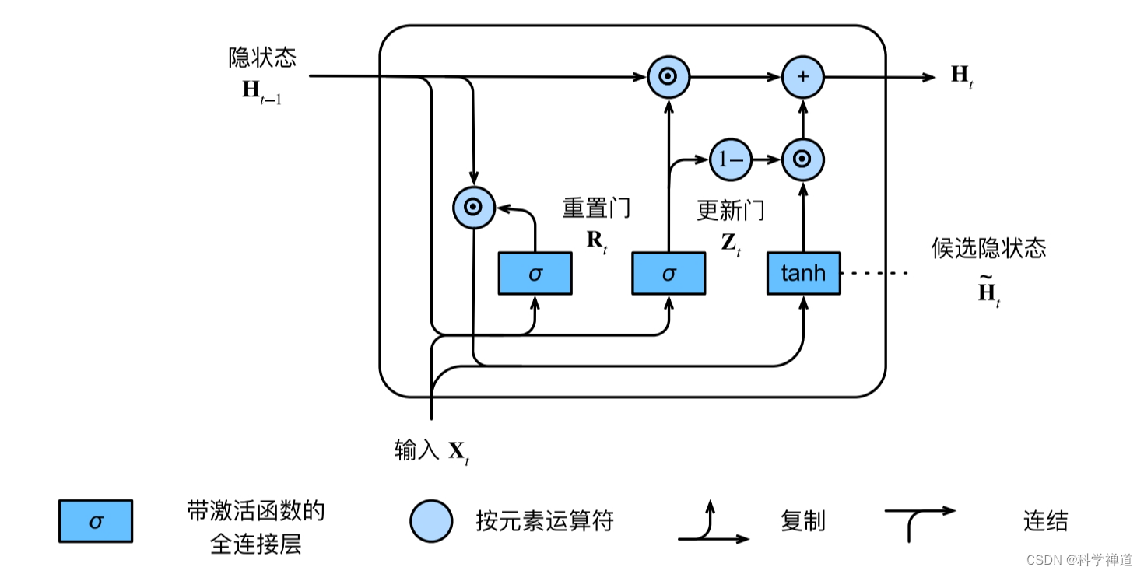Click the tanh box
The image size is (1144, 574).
[x=803, y=273]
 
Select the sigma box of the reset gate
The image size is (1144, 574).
[x=535, y=273]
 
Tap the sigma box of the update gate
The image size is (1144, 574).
[x=669, y=273]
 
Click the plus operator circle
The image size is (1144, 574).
[x=802, y=76]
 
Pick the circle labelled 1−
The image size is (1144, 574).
[x=730, y=160]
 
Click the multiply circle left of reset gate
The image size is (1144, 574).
[x=473, y=208]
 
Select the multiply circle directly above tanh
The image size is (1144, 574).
[x=802, y=160]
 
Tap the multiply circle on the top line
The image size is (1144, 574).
[x=669, y=76]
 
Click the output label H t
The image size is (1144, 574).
[x=962, y=76]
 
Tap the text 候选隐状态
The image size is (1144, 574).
[x=988, y=248]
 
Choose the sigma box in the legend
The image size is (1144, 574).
[x=96, y=520]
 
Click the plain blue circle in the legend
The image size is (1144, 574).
[x=431, y=520]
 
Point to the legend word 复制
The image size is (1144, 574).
[x=802, y=520]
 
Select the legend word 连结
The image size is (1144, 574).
[x=1045, y=520]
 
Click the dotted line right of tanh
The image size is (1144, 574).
[x=875, y=273]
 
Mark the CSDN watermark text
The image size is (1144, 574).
[x=1079, y=560]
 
